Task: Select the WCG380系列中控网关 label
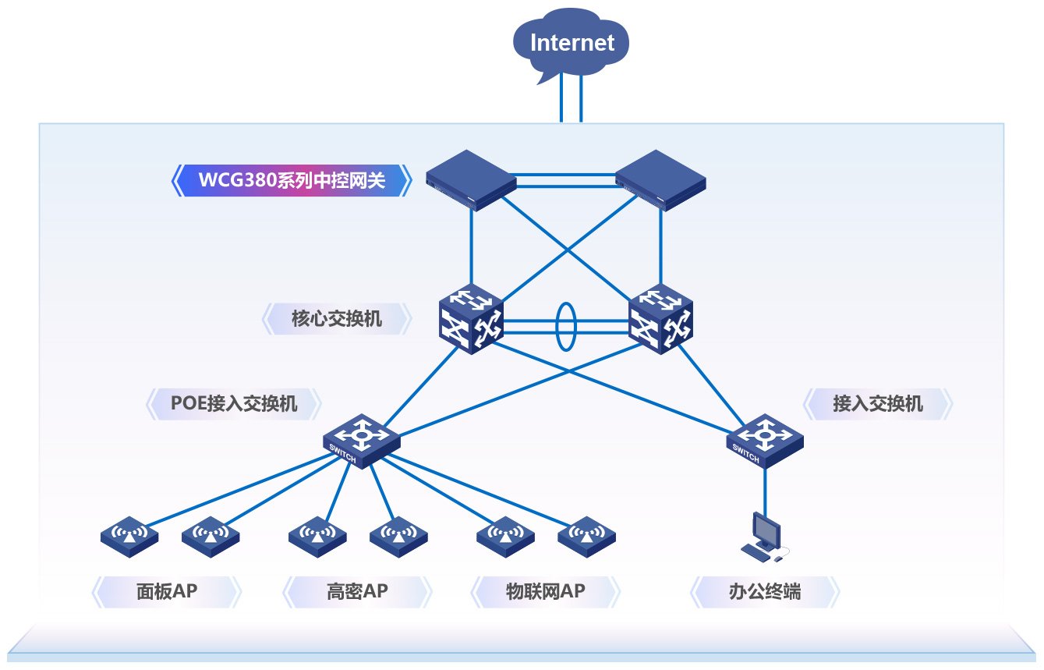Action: click(292, 180)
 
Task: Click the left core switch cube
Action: click(470, 318)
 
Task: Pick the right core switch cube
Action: click(660, 318)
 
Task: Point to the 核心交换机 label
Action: click(337, 318)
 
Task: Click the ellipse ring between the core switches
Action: click(565, 327)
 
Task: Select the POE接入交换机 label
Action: click(234, 403)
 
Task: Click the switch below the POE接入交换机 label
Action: click(361, 441)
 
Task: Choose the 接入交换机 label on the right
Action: click(877, 403)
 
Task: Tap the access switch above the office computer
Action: click(764, 441)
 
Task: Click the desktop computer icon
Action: click(763, 537)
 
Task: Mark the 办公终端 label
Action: click(764, 592)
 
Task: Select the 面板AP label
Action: click(167, 592)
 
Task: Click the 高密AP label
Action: click(357, 592)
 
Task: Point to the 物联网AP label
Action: click(545, 592)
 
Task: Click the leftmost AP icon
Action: click(129, 535)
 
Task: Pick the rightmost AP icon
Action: click(586, 535)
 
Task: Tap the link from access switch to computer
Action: click(764, 489)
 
